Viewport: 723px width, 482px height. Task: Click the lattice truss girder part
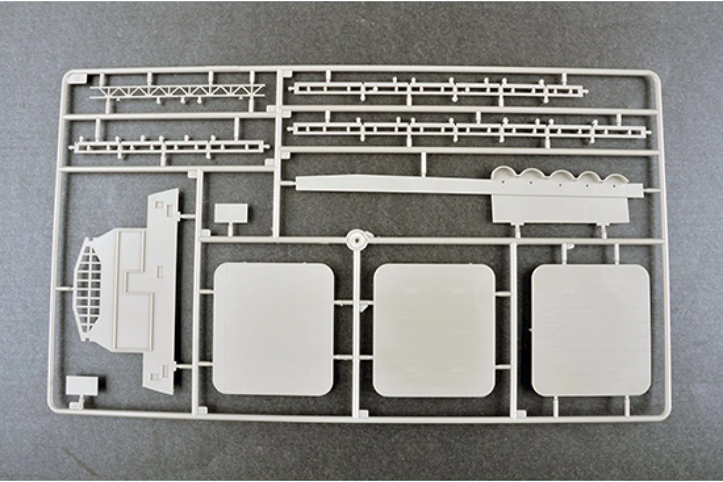click(177, 92)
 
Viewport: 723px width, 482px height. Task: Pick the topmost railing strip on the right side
click(437, 90)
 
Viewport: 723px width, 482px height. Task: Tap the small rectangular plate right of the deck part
click(231, 213)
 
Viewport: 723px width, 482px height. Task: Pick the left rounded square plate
click(273, 329)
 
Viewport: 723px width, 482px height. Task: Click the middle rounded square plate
click(434, 330)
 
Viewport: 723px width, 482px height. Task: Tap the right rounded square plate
click(590, 330)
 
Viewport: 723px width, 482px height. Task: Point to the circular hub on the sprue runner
click(357, 239)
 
